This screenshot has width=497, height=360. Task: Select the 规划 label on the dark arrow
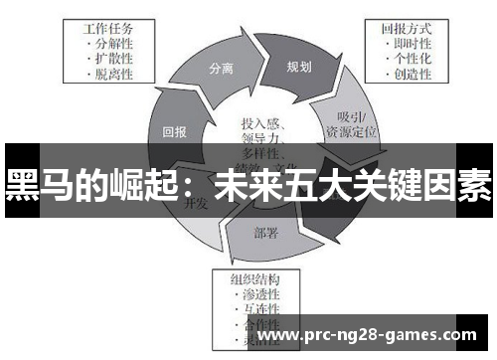298,68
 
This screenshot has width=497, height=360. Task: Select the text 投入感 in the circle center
260,124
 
